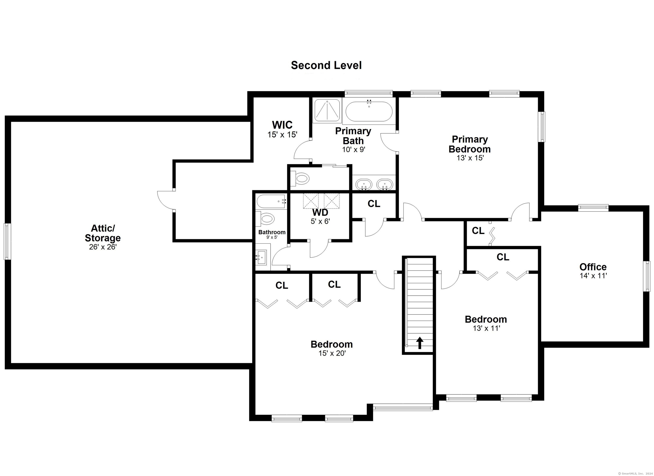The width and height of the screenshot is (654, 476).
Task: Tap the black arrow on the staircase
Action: pyautogui.click(x=420, y=343)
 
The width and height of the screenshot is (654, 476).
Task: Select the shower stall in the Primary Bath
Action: pyautogui.click(x=327, y=110)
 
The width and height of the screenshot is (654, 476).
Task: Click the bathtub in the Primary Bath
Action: pyautogui.click(x=369, y=111)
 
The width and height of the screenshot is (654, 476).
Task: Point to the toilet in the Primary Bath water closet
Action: pyautogui.click(x=300, y=178)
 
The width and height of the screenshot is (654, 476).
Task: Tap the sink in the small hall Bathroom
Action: pyautogui.click(x=262, y=257)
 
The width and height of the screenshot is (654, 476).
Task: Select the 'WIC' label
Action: pyautogui.click(x=282, y=125)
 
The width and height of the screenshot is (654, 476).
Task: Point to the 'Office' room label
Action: pyautogui.click(x=593, y=267)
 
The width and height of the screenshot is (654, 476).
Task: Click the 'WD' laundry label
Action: pyautogui.click(x=320, y=212)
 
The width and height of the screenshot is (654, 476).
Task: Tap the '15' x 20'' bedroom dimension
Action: pyautogui.click(x=332, y=353)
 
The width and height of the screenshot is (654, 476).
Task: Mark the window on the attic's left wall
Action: pyautogui.click(x=7, y=241)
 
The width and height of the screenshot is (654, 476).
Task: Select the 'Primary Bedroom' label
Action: pyautogui.click(x=470, y=144)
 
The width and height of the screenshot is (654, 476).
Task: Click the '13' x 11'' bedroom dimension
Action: pyautogui.click(x=486, y=329)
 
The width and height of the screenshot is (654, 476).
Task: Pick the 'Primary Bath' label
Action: pyautogui.click(x=353, y=136)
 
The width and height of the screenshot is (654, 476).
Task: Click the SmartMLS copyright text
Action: pyautogui.click(x=636, y=474)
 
